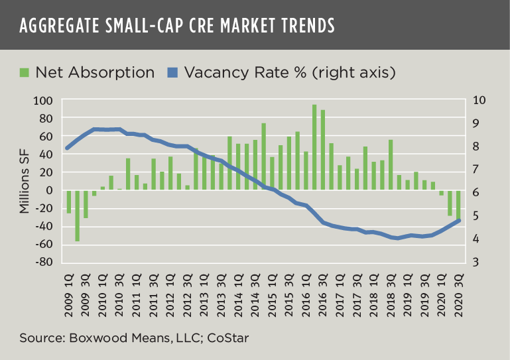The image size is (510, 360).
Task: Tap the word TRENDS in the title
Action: pos(299,27)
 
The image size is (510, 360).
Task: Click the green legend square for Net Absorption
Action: pos(25,72)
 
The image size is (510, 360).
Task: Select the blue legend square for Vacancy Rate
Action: pos(173,72)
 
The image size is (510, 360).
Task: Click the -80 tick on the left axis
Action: pos(43,262)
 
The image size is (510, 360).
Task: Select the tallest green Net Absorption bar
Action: pos(314,147)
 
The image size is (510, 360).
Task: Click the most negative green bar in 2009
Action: pos(77,215)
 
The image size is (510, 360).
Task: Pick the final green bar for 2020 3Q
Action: pos(458,206)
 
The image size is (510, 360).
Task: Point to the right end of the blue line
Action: pos(459,221)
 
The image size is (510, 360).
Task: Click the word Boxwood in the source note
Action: pos(84,338)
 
